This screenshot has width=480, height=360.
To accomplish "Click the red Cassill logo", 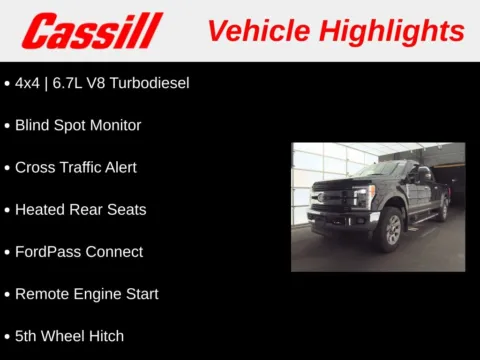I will [92, 31].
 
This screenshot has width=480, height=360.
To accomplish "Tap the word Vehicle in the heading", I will [256, 30].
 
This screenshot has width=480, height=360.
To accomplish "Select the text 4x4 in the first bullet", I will [28, 83].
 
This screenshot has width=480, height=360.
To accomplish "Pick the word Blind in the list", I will [33, 125].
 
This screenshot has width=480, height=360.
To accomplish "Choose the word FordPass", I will [47, 251].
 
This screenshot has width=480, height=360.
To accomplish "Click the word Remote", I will [42, 294].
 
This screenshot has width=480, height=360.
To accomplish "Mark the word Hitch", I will [105, 336].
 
